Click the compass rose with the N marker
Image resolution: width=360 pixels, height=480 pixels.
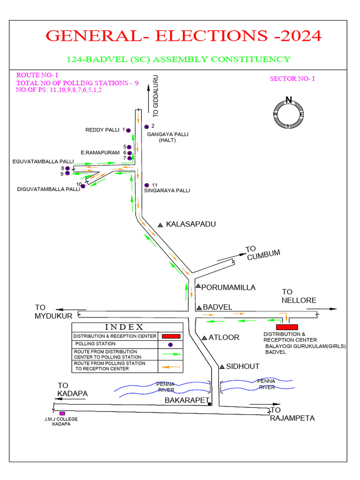[288, 114]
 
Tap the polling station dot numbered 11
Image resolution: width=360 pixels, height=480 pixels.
[147, 185]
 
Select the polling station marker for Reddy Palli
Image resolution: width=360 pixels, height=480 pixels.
[129, 130]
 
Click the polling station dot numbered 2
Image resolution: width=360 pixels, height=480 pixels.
[146, 126]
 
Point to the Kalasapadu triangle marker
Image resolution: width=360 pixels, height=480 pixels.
[160, 225]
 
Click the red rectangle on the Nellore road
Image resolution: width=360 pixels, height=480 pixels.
[287, 326]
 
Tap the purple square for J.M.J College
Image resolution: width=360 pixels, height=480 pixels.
[62, 413]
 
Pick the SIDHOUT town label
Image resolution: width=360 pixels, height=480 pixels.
[242, 366]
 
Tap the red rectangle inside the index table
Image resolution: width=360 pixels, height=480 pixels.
[171, 336]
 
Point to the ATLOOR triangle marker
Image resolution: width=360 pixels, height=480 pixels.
[204, 337]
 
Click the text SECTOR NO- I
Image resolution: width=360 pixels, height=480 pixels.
[292, 79]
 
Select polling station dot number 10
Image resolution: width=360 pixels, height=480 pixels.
[83, 186]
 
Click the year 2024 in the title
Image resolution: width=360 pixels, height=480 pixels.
[296, 36]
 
